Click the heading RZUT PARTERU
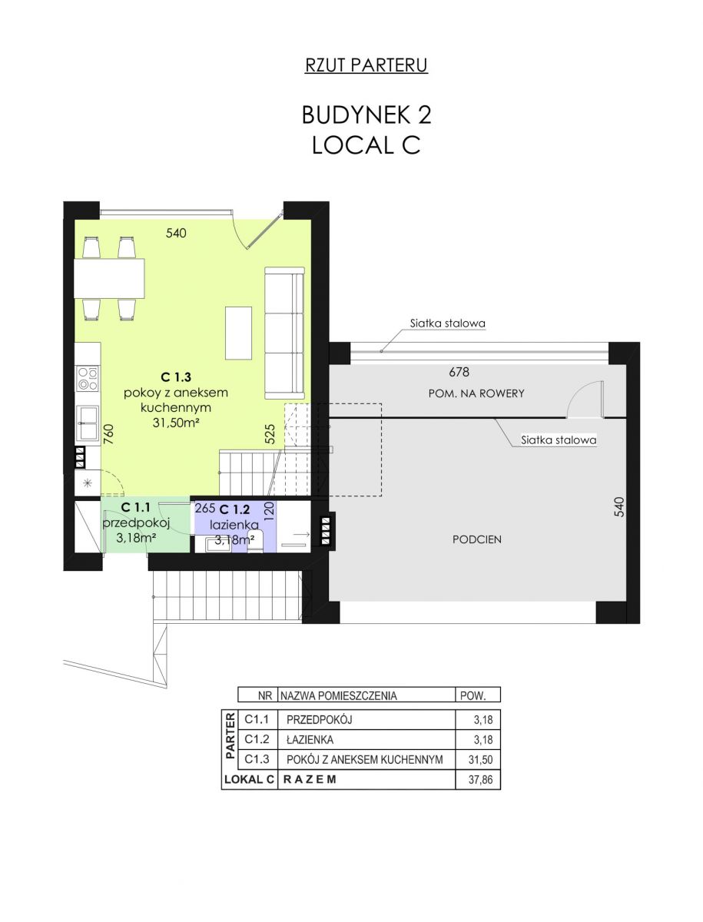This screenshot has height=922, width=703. tap(366, 65)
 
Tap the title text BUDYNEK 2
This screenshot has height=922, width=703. tap(366, 114)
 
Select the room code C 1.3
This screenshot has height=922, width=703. tap(176, 377)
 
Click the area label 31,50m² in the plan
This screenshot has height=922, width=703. tap(175, 423)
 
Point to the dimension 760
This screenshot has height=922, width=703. tap(108, 434)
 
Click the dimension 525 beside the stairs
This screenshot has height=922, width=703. tap(270, 434)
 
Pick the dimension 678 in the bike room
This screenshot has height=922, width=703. tap(459, 372)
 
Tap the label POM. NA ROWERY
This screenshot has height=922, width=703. tap(476, 393)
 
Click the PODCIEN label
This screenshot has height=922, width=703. tap(476, 540)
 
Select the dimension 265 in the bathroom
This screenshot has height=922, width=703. tap(205, 508)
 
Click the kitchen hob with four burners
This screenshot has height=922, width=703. tap(88, 379)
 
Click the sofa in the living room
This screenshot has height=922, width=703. tap(284, 333)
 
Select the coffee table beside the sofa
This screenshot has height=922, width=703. tap(238, 333)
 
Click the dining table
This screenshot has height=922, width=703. tap(109, 278)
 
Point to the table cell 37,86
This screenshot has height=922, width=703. tap(480, 780)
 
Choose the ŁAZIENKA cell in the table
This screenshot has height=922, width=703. tap(310, 739)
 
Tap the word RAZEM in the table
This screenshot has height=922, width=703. tap(310, 780)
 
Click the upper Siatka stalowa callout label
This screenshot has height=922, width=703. tap(448, 323)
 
